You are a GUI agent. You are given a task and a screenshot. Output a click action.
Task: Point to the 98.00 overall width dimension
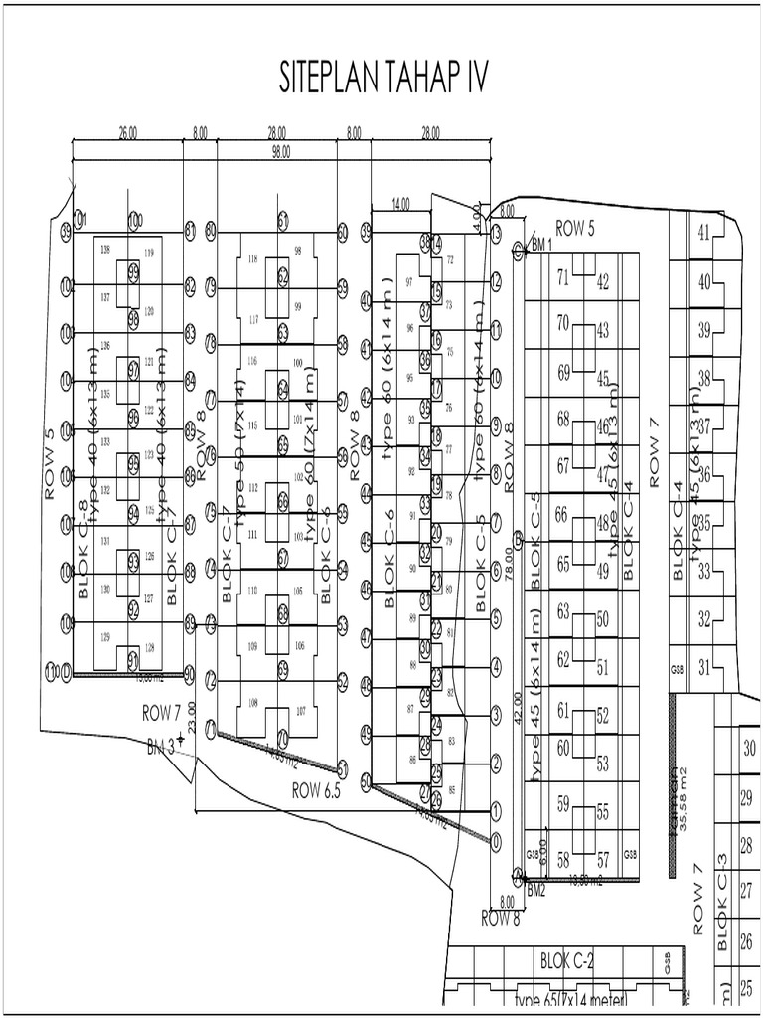[281, 151]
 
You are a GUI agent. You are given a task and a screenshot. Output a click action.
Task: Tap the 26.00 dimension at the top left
[127, 131]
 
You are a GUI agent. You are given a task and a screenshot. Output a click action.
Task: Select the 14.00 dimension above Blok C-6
[400, 204]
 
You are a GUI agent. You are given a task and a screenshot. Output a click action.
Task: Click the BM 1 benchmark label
[541, 245]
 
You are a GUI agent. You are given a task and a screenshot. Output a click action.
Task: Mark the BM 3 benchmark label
[161, 746]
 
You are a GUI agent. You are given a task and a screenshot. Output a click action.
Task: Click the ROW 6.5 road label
[316, 790]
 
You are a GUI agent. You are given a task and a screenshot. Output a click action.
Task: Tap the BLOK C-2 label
[566, 961]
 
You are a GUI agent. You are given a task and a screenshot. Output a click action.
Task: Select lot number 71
[562, 277]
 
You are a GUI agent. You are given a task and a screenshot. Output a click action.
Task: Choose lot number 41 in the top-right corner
[705, 234]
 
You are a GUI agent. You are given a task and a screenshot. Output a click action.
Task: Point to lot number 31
[704, 667]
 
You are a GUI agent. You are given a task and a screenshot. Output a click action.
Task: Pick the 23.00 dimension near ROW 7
[191, 714]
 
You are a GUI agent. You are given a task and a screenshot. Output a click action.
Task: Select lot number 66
[562, 514]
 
